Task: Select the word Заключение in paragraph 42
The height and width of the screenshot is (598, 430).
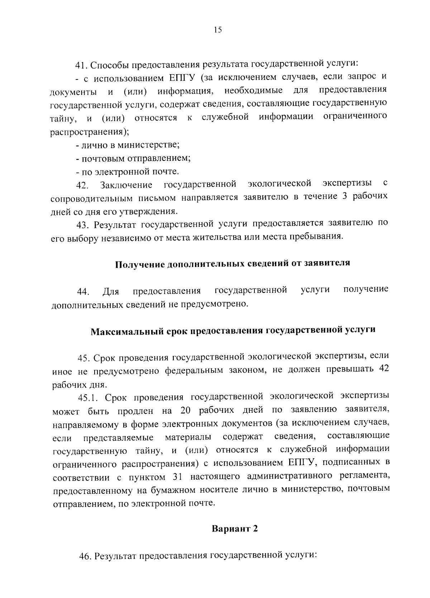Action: pos(126,185)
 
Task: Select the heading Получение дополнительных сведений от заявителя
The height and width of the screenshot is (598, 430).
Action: pos(232,264)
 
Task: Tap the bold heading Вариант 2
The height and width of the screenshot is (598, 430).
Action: pos(235,529)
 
